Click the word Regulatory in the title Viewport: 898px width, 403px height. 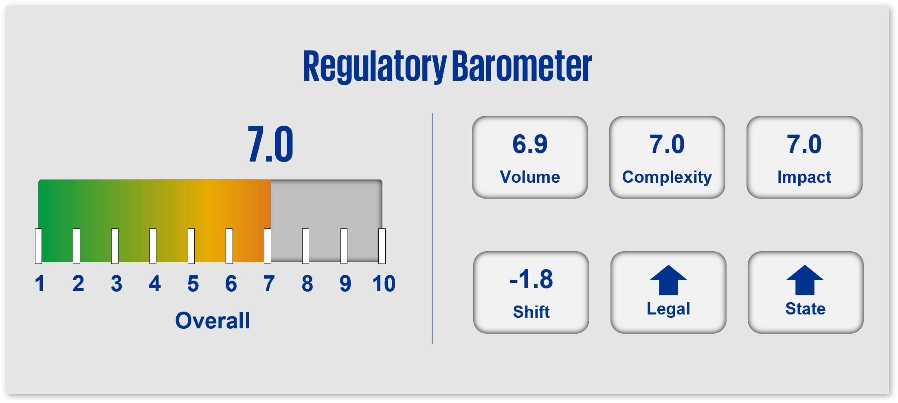click(375, 66)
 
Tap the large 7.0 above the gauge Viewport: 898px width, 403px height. click(270, 144)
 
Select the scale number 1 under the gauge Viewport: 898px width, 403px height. click(40, 283)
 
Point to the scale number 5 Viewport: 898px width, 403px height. click(193, 283)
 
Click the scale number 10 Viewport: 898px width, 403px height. click(384, 283)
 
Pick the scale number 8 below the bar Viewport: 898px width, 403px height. click(307, 283)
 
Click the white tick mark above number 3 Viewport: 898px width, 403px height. click(115, 246)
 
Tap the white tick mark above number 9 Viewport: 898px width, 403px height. click(344, 246)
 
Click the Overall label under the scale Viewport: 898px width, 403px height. click(213, 320)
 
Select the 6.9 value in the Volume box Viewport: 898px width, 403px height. click(530, 144)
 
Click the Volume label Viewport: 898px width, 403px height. click(530, 177)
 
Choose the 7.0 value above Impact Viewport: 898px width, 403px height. click(804, 144)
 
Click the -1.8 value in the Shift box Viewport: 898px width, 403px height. click(531, 279)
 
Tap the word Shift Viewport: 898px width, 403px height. click(531, 312)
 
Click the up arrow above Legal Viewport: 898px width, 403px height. click(668, 280)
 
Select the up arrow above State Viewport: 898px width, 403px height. click(805, 280)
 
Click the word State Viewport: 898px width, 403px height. click(806, 309)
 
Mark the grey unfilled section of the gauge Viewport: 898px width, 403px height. click(326, 220)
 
